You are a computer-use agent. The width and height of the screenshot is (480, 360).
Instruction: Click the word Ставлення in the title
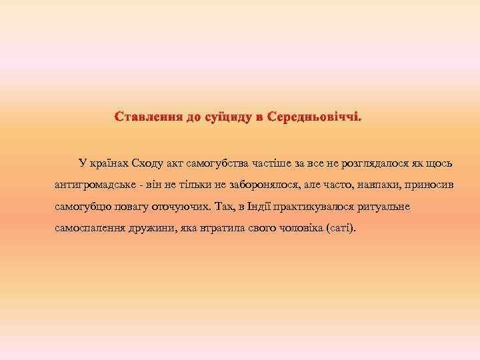(149, 117)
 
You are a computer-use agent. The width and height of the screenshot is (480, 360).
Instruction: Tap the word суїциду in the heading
(226, 117)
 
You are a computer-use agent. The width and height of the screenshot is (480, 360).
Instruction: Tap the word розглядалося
(369, 162)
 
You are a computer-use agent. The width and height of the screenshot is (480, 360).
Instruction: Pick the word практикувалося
(321, 206)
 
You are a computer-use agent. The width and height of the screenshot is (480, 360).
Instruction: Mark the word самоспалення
(87, 228)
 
